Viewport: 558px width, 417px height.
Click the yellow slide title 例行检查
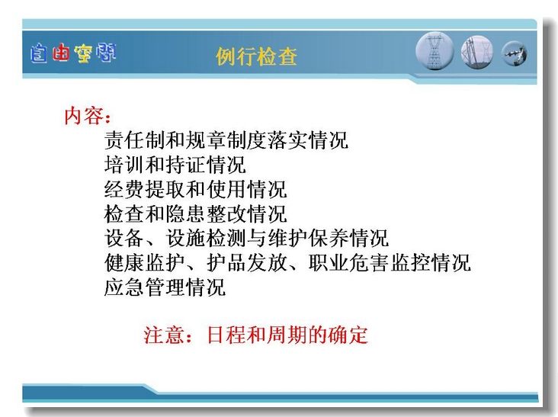256,56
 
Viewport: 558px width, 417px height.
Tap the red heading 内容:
88,116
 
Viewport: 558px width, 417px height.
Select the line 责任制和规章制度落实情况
226,140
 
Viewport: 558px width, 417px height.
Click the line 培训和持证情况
175,165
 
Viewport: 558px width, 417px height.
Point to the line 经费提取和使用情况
195,189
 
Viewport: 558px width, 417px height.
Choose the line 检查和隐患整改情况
195,213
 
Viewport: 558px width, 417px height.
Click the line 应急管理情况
165,287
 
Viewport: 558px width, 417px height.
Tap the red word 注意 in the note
164,335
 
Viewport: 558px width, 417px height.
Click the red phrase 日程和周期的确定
287,335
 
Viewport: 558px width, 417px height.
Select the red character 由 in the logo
60,53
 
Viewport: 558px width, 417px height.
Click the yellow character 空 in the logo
83,53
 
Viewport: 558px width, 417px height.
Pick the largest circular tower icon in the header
435,51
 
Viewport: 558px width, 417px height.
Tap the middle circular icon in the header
477,53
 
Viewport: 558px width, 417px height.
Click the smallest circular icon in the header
515,53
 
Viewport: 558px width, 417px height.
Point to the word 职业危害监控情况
390,262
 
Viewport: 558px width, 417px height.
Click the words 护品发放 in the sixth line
247,262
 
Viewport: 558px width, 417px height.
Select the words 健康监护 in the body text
145,262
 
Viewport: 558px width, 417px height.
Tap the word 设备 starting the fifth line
124,238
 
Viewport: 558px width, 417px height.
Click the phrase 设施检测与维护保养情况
277,238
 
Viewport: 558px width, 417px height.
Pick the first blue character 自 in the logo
38,53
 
